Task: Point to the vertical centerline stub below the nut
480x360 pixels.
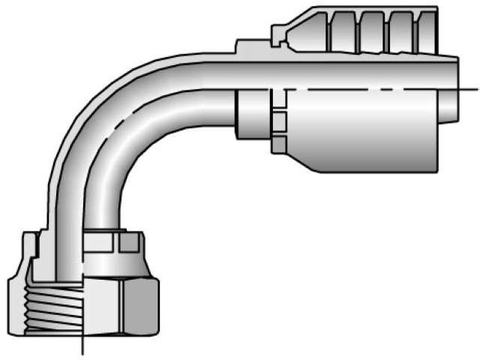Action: [82, 345]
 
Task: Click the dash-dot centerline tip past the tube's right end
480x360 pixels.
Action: [471, 88]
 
